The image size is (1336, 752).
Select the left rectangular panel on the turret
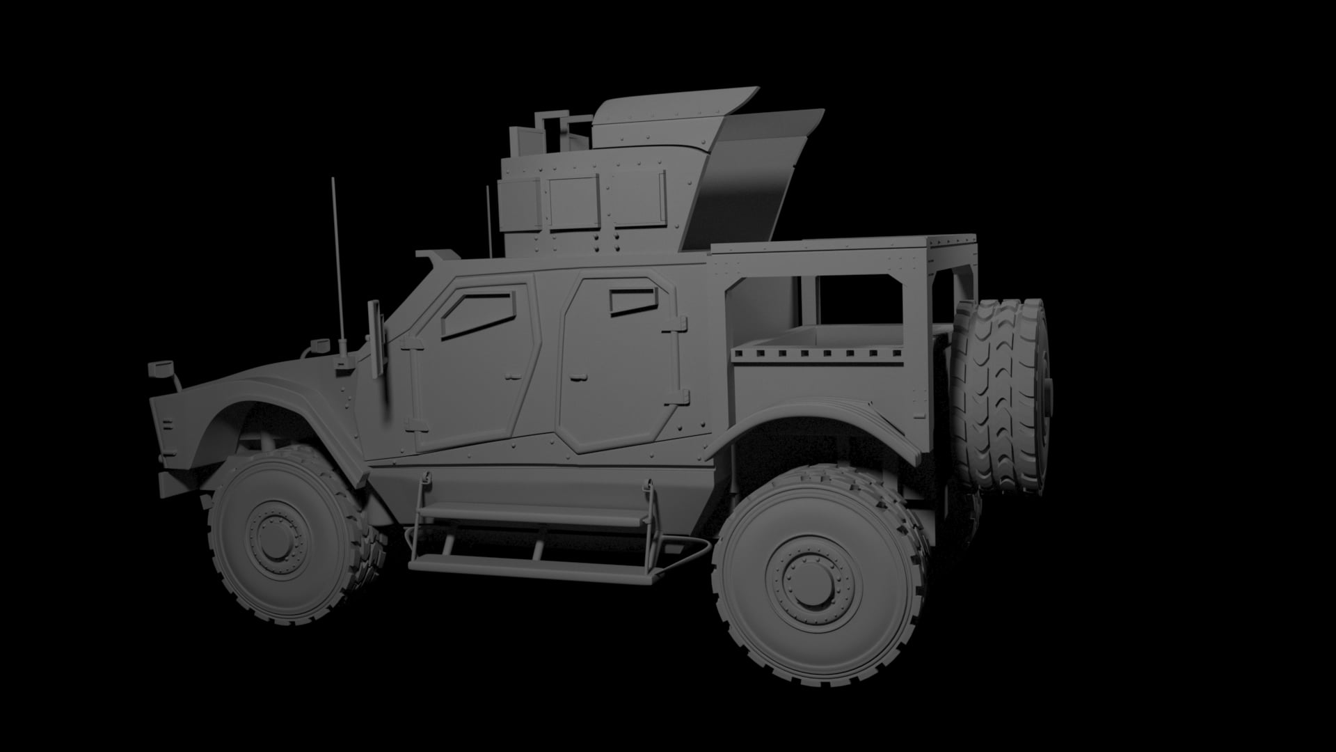pyautogui.click(x=573, y=201)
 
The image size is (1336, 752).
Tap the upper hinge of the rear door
pyautogui.click(x=676, y=324)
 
